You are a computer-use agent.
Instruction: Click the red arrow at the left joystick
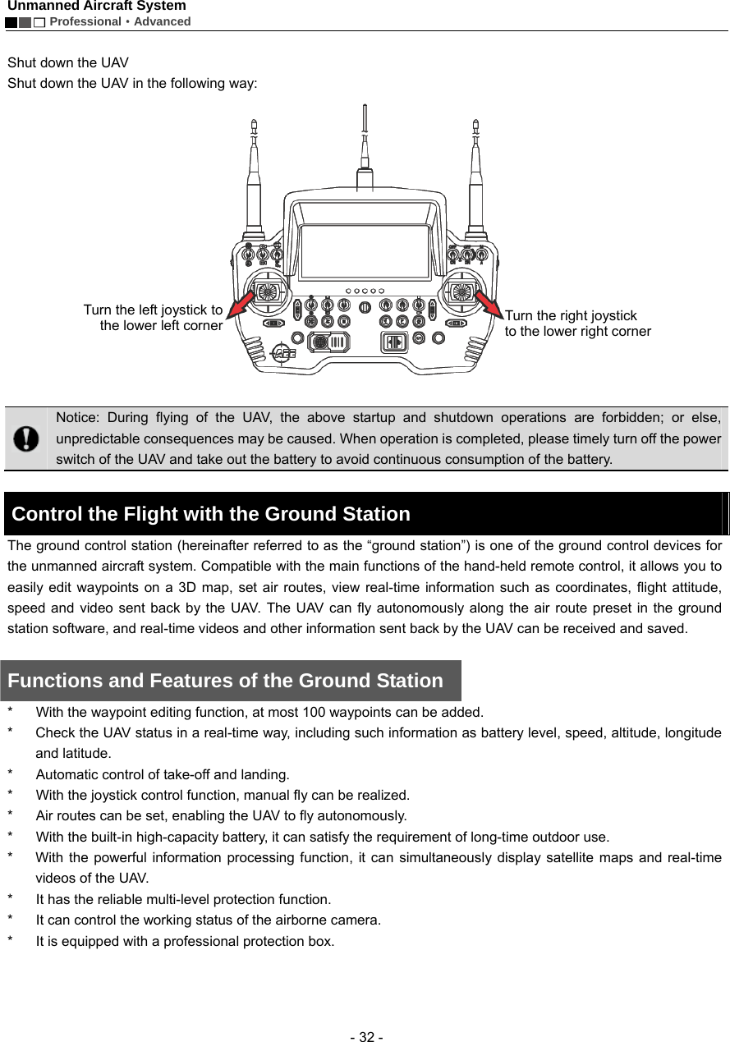(240, 308)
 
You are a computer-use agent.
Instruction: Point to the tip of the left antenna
(254, 124)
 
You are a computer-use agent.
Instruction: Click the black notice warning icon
(26, 438)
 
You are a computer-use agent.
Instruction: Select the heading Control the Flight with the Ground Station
(211, 515)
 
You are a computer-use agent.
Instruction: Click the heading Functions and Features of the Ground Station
(225, 681)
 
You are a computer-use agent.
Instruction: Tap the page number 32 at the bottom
(365, 1036)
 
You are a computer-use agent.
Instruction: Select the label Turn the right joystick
(571, 315)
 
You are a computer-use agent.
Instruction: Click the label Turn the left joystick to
(153, 310)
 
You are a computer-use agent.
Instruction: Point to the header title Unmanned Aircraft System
(97, 7)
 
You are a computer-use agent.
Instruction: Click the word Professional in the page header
(85, 21)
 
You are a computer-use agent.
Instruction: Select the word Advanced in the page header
(162, 21)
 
